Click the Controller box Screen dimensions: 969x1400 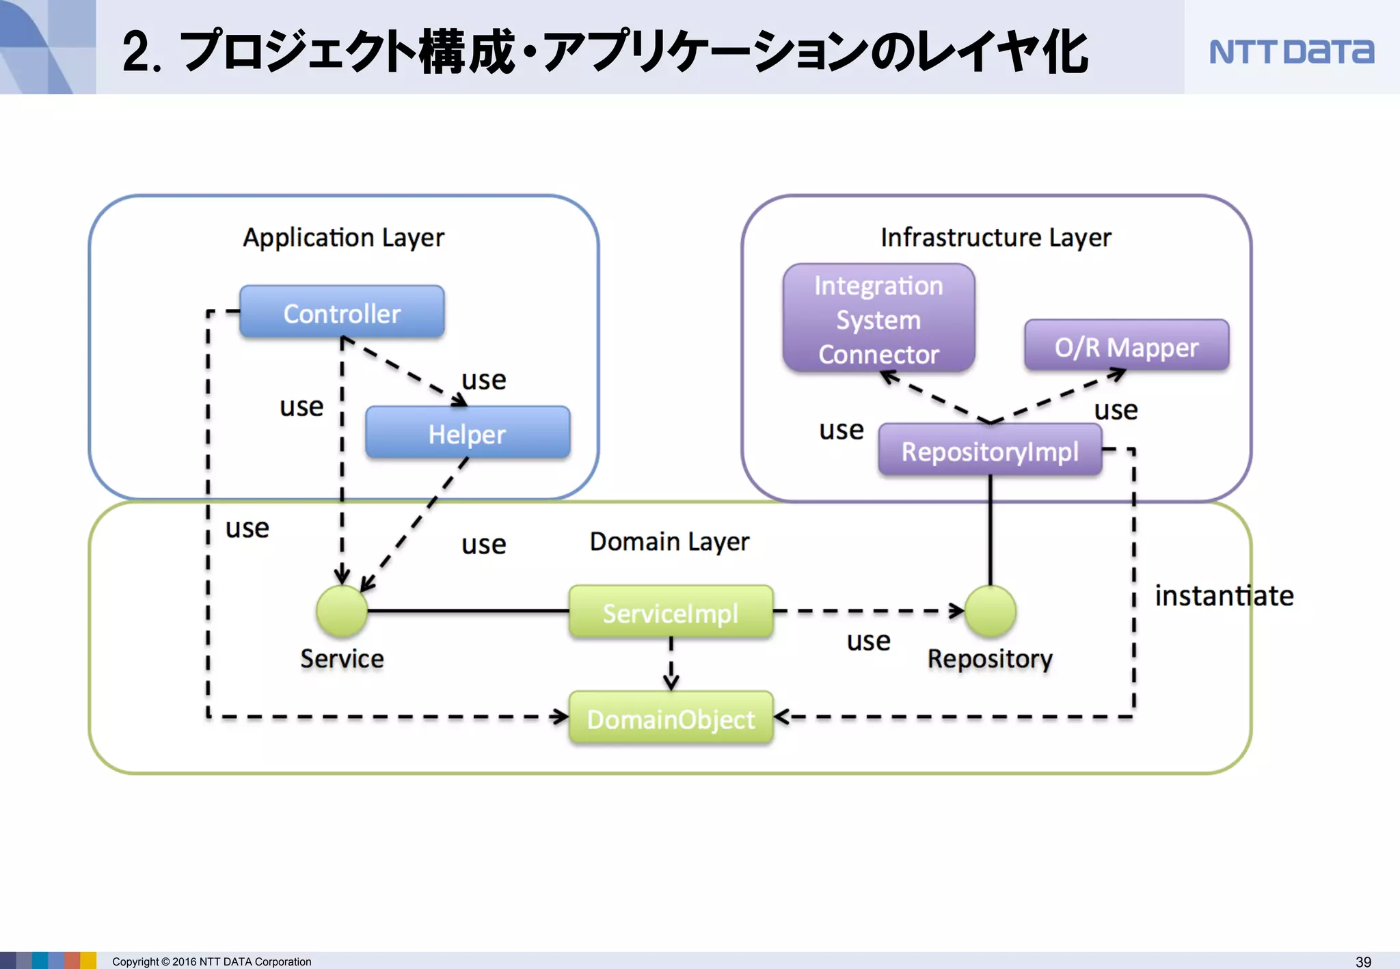coord(342,313)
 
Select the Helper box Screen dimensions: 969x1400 coord(468,433)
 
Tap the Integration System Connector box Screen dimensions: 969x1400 coord(878,319)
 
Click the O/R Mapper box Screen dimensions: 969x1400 coord(1126,347)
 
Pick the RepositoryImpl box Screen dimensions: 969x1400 coord(989,451)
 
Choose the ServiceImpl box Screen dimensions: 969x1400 coord(671,612)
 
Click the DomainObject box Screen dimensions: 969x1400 coord(671,718)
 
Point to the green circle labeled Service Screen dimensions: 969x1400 coord(342,610)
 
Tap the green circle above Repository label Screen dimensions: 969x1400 coord(990,610)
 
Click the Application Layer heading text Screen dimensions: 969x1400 coord(343,238)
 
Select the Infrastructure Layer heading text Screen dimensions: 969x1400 coord(995,238)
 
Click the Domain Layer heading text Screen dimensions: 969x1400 coord(669,541)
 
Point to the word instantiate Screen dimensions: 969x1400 coord(1224,596)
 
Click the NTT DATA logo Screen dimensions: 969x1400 coord(1291,52)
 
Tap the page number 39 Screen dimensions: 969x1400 coord(1363,961)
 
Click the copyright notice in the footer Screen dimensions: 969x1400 coord(212,961)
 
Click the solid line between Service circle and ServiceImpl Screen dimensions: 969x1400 coord(468,611)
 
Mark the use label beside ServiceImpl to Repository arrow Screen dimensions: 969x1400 coord(868,641)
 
